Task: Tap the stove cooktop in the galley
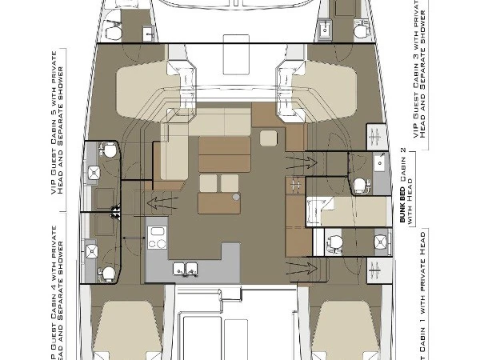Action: [157, 238]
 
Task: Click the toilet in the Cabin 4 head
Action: [105, 273]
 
